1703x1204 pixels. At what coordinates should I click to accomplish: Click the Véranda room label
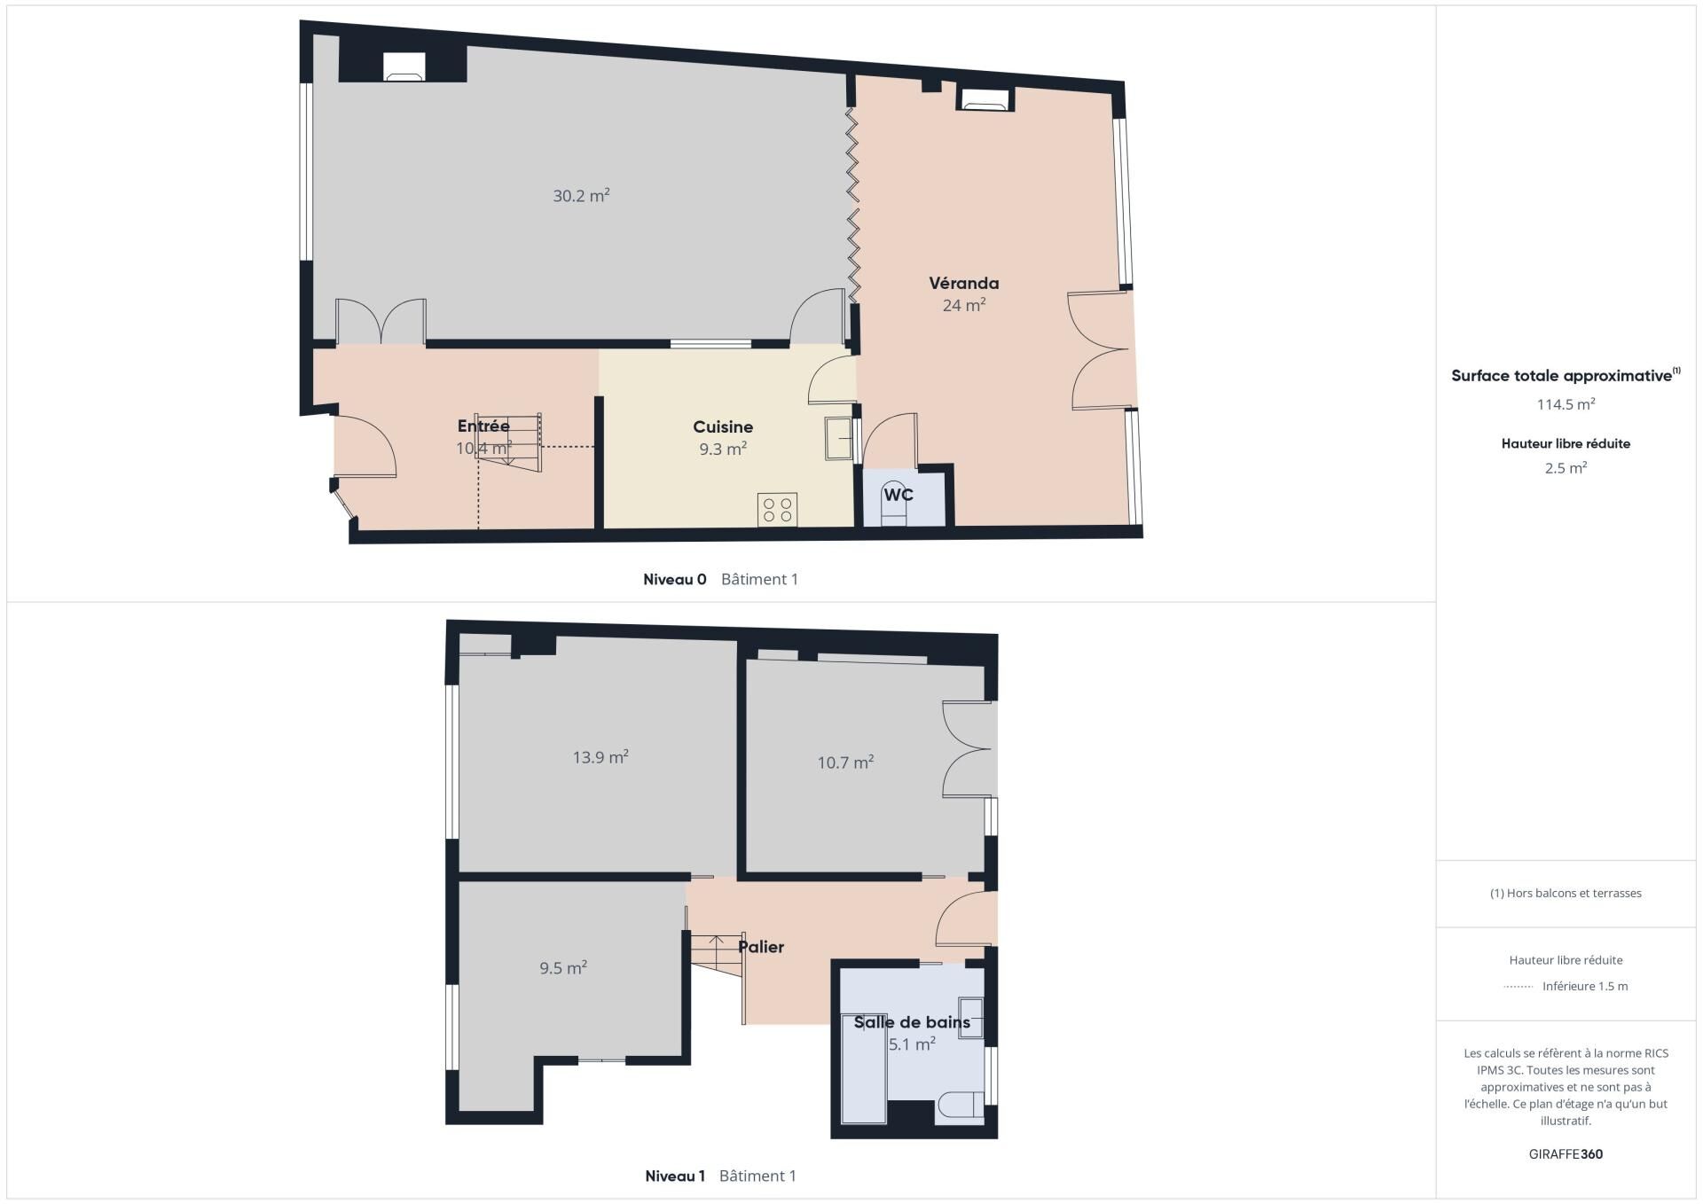tap(963, 284)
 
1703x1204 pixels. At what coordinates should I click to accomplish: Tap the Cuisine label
tap(723, 427)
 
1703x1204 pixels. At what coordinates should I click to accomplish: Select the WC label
tap(899, 495)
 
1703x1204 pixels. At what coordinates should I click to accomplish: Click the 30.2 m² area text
tap(581, 196)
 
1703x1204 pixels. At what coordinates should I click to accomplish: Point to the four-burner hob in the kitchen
tap(777, 510)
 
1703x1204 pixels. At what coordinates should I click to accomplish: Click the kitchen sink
tap(838, 439)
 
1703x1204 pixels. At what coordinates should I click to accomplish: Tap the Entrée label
tap(483, 426)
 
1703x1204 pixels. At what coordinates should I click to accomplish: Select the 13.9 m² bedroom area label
tap(600, 757)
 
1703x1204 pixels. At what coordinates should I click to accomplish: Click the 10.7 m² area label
tap(845, 762)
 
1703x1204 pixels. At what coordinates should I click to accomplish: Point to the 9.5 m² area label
tap(563, 968)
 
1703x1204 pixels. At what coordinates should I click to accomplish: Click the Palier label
tap(761, 947)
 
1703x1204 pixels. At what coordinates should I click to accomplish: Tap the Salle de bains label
tap(912, 1022)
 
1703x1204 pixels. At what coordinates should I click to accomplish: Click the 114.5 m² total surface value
tap(1566, 404)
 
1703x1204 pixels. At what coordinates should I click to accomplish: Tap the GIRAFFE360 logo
tap(1566, 1154)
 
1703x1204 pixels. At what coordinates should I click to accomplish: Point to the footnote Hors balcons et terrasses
tap(1566, 894)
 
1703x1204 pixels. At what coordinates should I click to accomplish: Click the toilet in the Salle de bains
tap(960, 1105)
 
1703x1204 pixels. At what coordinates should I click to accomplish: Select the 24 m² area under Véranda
tap(964, 305)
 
